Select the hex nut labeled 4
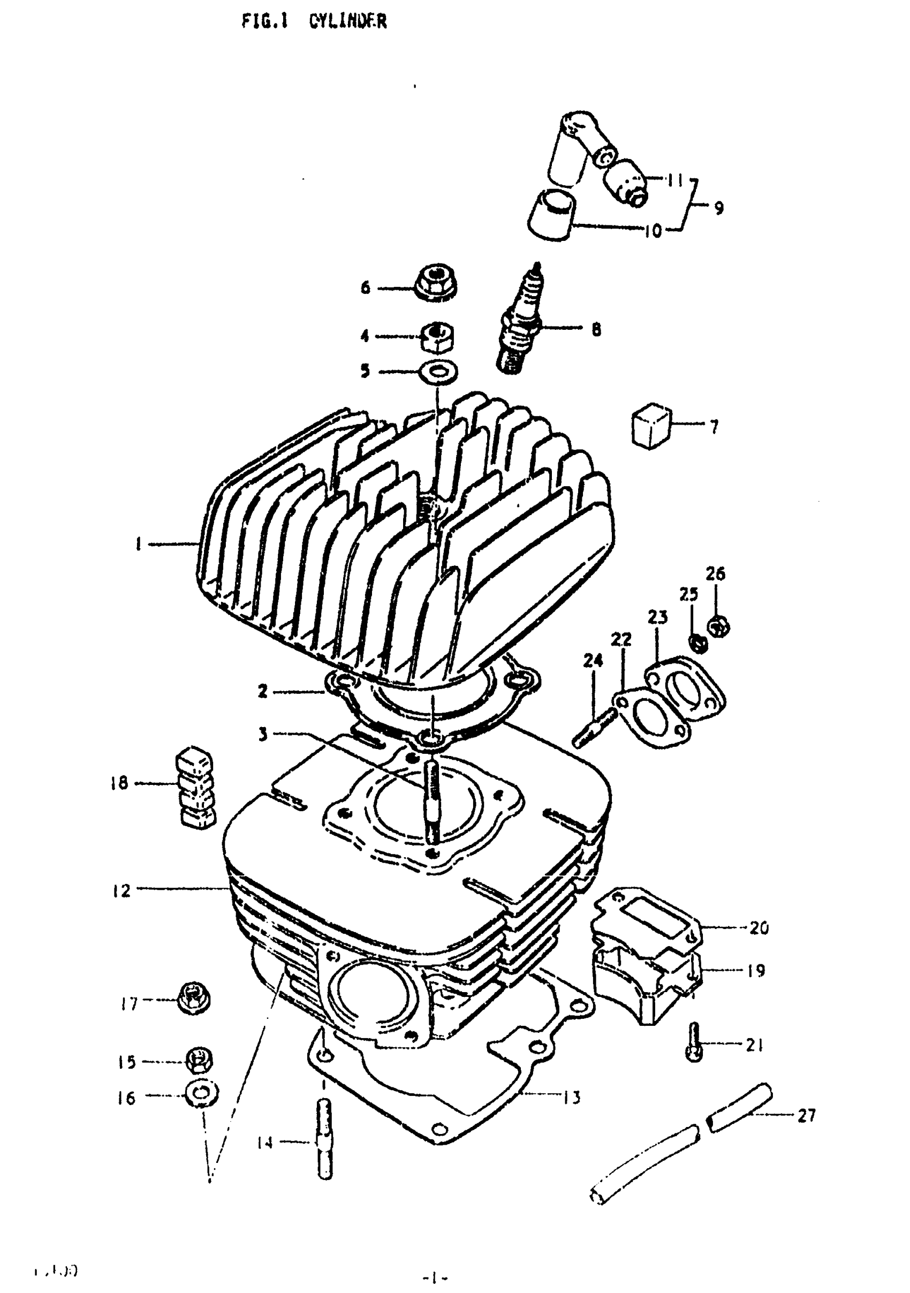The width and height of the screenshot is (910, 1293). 438,337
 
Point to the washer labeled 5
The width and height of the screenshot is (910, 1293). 438,372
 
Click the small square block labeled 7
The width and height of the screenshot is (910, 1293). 650,425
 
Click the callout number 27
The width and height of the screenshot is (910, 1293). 806,1115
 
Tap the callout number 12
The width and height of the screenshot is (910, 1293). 121,891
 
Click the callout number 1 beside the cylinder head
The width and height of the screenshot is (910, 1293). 138,544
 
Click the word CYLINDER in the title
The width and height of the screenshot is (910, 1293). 347,21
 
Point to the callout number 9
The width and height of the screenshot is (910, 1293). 718,208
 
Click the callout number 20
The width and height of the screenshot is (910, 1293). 759,927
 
